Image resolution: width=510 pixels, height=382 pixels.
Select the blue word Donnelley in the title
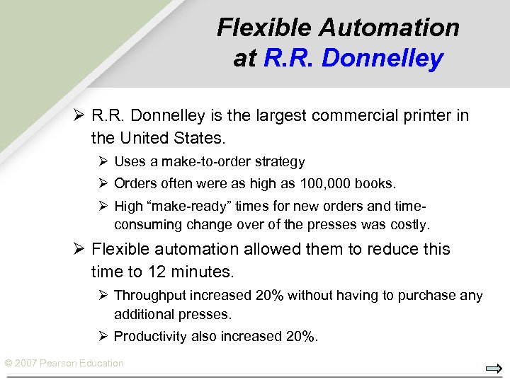pyautogui.click(x=382, y=58)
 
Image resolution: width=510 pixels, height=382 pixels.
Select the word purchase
pyautogui.click(x=430, y=296)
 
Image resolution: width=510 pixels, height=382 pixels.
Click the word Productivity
pyautogui.click(x=149, y=336)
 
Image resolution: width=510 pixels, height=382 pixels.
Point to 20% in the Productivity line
pyautogui.click(x=300, y=336)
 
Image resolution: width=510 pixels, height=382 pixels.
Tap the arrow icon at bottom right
pyautogui.click(x=494, y=368)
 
